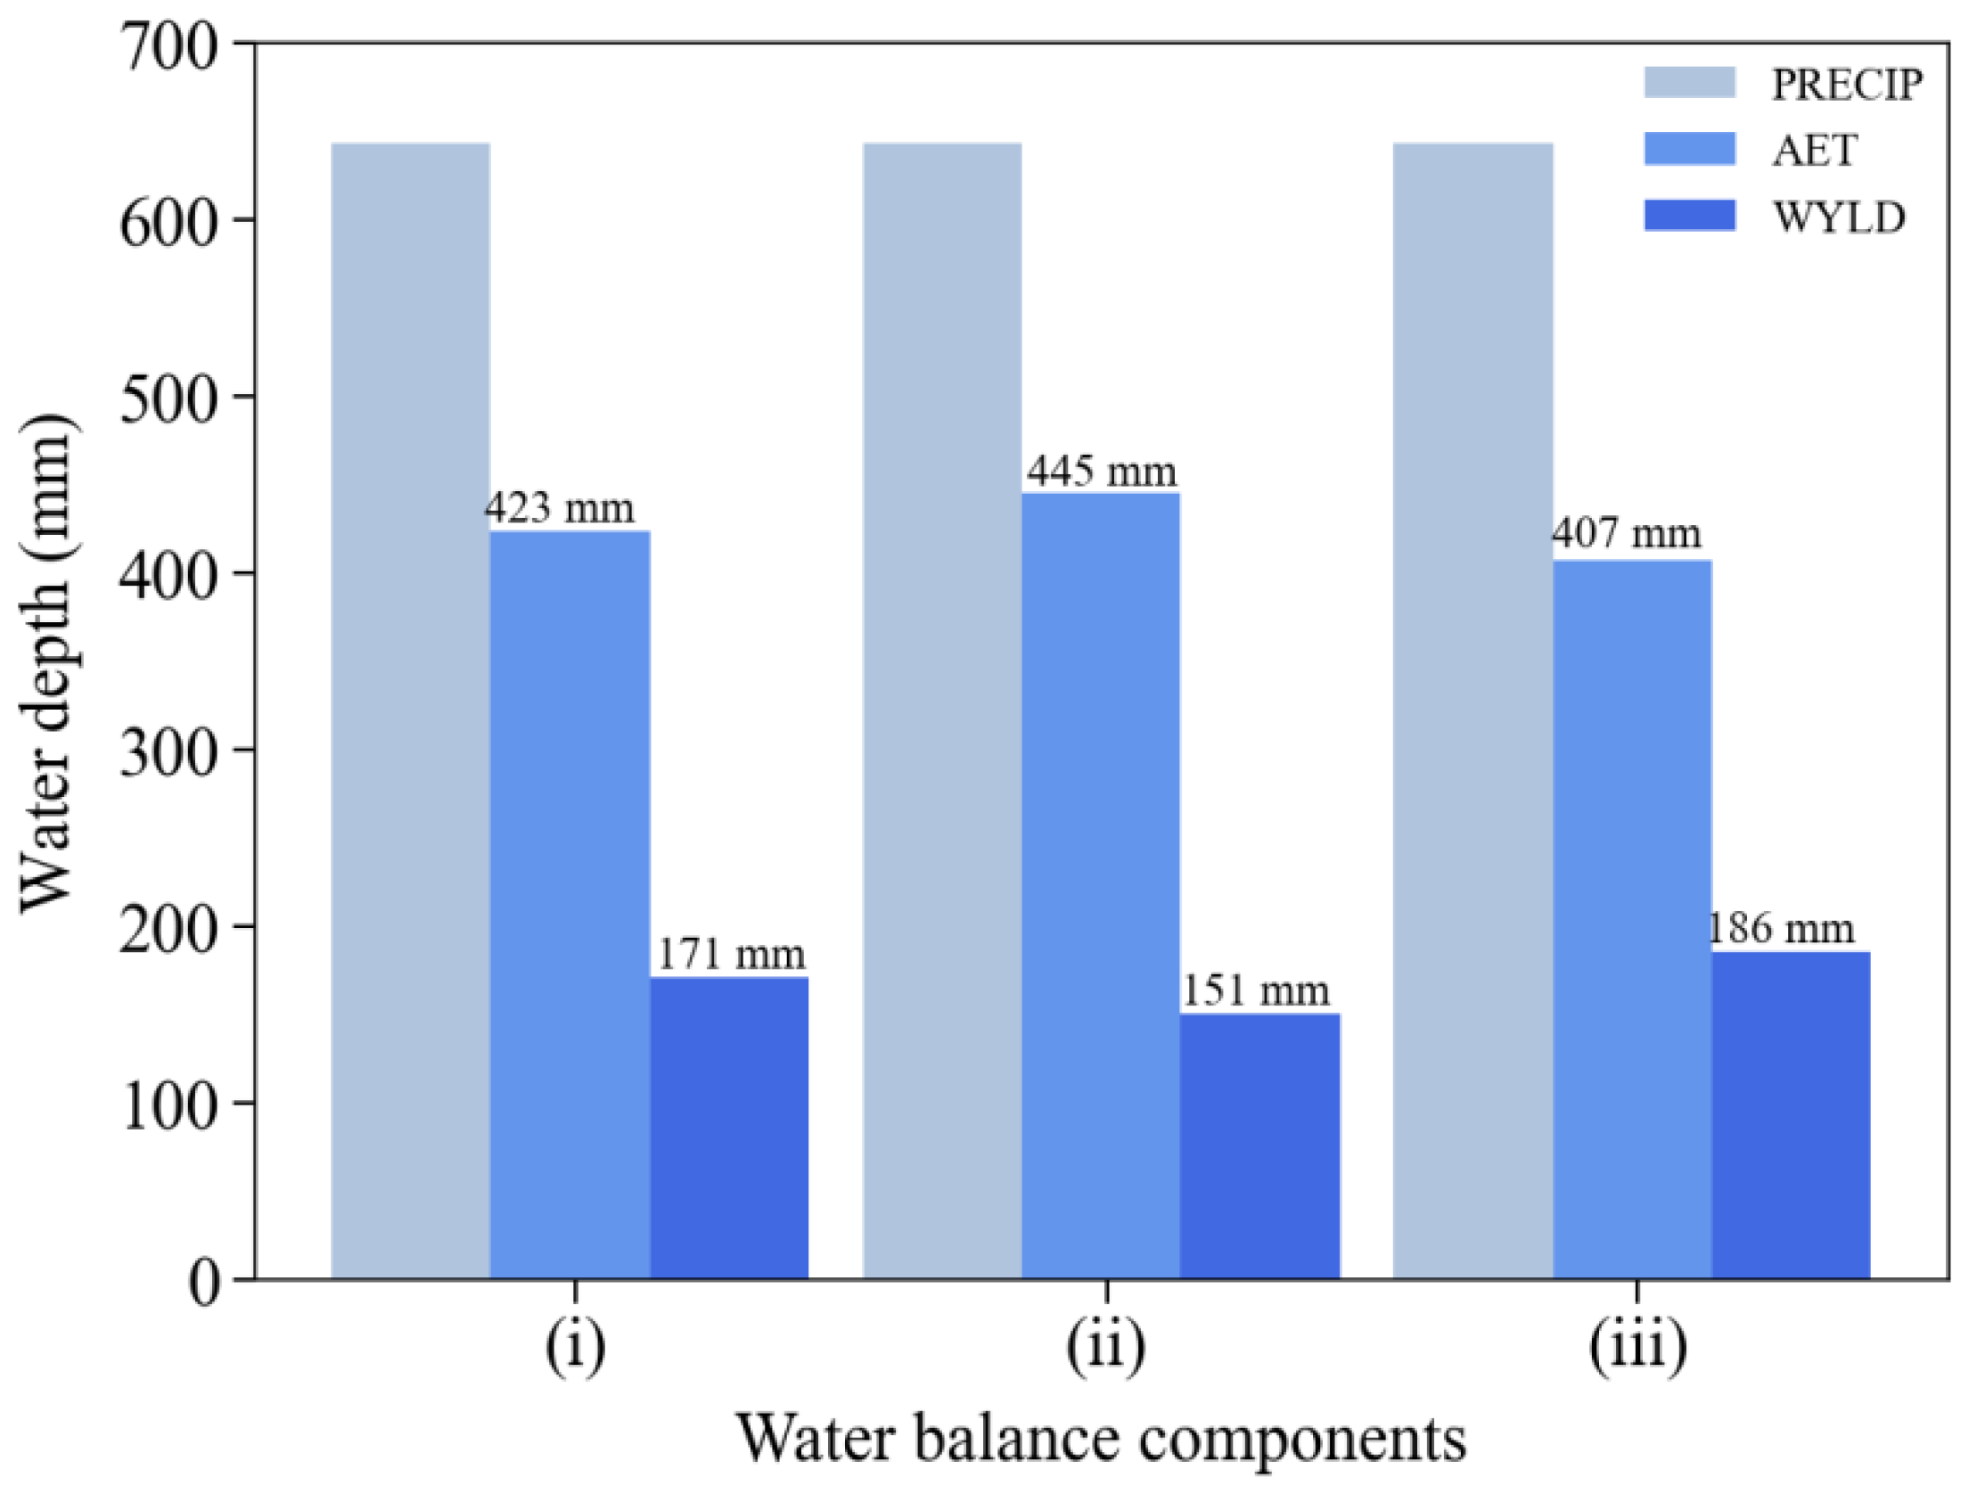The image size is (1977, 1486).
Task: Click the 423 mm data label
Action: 560,509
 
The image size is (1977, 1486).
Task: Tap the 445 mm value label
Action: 1101,471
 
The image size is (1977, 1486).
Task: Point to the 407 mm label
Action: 1626,534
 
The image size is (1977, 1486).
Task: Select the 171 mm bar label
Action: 731,954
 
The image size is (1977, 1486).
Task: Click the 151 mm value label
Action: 1256,990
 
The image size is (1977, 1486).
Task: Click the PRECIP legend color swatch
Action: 1689,82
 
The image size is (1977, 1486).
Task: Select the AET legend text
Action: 1815,151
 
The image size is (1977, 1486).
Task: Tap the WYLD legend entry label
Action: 1840,218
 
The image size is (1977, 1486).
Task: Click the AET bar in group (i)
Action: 570,903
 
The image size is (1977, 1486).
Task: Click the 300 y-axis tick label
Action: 168,751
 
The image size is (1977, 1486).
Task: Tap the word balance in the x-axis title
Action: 1020,1440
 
